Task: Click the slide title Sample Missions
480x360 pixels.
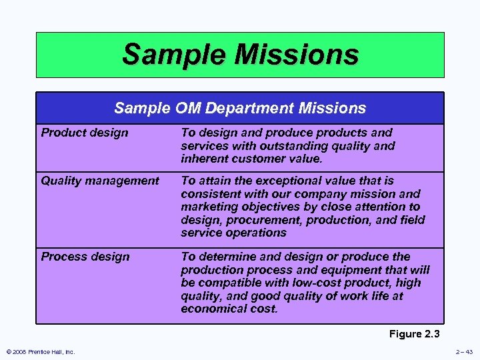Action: (x=240, y=55)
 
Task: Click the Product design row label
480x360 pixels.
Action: (x=85, y=133)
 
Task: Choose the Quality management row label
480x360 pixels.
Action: (x=100, y=181)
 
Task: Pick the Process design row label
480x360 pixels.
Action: (x=85, y=257)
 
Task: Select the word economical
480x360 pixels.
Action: (x=215, y=309)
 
